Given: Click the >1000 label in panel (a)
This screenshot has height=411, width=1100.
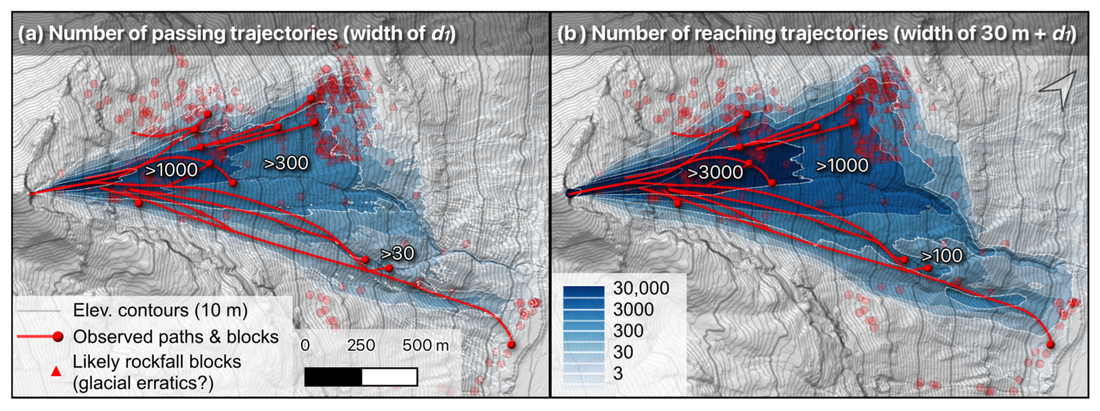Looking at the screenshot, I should (x=171, y=170).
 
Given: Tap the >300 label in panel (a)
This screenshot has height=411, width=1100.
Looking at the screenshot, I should (x=286, y=163).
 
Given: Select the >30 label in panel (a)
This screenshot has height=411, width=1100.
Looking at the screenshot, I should (x=397, y=254).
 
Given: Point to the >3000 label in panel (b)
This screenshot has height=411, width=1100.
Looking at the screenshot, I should (x=715, y=172).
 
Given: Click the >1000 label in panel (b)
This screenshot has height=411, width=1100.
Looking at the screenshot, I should (x=842, y=165).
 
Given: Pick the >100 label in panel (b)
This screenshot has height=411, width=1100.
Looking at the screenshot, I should (x=941, y=256).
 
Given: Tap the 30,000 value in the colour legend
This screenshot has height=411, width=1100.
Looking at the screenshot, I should (x=641, y=288).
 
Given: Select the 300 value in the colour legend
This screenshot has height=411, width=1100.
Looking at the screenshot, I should (x=628, y=330).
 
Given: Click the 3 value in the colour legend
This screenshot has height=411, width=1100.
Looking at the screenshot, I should (x=618, y=373).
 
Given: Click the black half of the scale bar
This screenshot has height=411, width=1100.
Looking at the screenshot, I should (x=333, y=377).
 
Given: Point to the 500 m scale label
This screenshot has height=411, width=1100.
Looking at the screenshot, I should (x=425, y=345).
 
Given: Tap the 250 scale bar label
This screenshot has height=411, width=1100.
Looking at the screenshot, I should (x=360, y=345).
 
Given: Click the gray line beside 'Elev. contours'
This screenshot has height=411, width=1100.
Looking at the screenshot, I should (x=38, y=311).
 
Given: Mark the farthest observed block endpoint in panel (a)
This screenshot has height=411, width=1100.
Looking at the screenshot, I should (x=511, y=344).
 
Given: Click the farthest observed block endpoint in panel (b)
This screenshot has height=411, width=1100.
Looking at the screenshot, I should (x=1050, y=344).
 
